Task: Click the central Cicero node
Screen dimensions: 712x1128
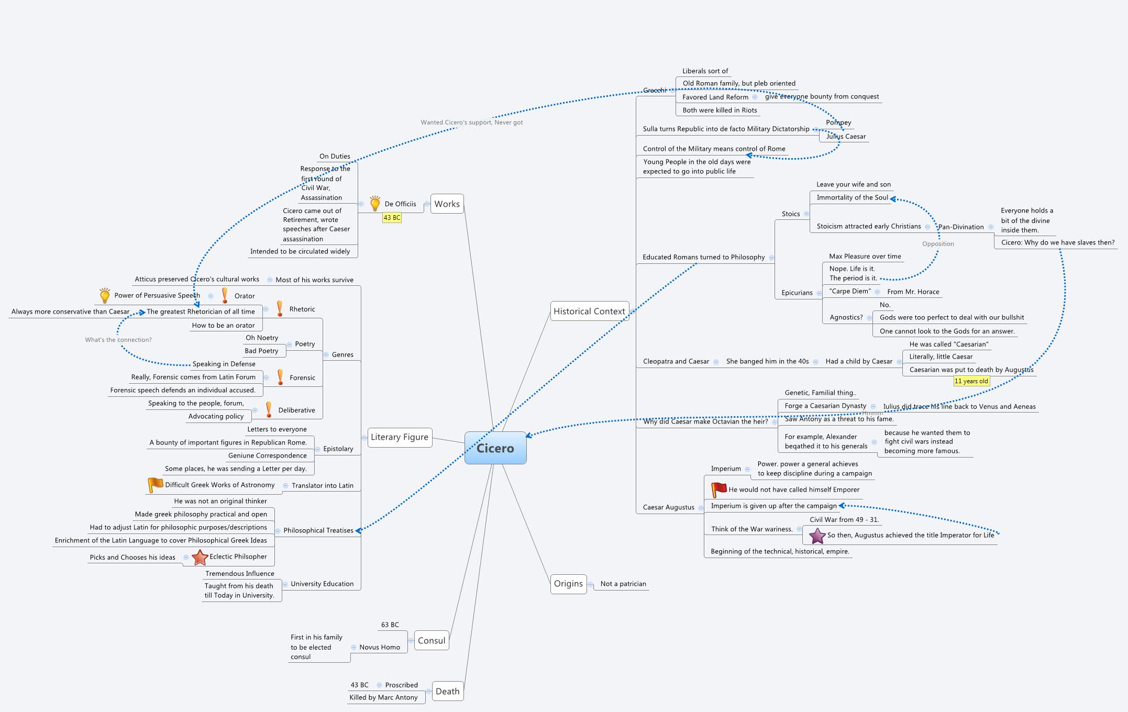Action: (495, 448)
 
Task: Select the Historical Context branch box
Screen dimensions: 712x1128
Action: (589, 311)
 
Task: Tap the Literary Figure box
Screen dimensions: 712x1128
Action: (400, 437)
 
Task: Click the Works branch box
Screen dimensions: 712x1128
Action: (447, 204)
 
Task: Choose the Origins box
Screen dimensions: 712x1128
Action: (568, 584)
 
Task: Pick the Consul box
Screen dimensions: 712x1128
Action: (432, 640)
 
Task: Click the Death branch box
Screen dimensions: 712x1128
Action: (447, 691)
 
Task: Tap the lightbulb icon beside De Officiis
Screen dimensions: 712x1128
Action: (375, 204)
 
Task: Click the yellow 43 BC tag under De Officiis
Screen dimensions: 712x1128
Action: (392, 218)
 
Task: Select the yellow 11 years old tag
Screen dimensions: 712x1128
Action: (971, 381)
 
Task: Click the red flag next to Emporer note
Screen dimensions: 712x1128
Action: (718, 489)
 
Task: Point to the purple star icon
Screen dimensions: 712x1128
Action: (817, 536)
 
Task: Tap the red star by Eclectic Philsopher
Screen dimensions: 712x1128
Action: (200, 557)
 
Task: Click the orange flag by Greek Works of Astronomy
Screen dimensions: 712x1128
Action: (155, 485)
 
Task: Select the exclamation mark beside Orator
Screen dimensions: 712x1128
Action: (225, 295)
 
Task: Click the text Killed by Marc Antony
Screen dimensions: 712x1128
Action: (383, 697)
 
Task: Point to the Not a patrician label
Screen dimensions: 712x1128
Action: (623, 584)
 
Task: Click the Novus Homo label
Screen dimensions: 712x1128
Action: (379, 647)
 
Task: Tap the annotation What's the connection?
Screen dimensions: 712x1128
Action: (118, 340)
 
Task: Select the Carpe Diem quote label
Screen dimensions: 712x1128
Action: (849, 291)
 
